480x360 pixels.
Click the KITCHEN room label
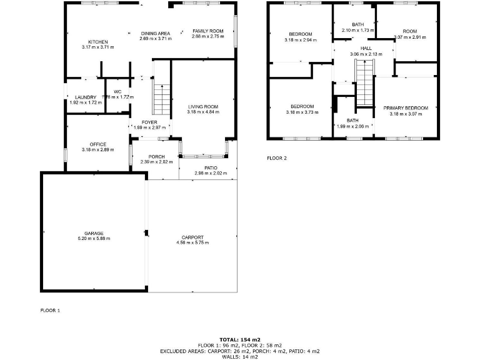[x=97, y=42]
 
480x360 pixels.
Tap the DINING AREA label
[x=155, y=33]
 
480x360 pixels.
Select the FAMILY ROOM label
[x=207, y=31]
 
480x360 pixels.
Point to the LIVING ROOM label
[x=202, y=107]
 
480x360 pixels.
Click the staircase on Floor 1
[x=161, y=99]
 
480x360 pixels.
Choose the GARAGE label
[x=94, y=233]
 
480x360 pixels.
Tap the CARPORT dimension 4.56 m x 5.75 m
[x=192, y=242]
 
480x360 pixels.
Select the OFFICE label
[x=98, y=144]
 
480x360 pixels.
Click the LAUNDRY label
[x=85, y=97]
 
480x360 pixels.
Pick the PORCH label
[x=157, y=156]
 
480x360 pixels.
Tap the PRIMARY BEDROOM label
[x=406, y=108]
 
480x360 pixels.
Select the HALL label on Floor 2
[x=366, y=49]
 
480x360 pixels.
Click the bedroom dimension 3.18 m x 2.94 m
[x=300, y=40]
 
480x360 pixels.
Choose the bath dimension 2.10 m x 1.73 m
[x=357, y=30]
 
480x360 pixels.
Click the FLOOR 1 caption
[x=50, y=310]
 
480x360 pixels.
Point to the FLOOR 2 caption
[x=277, y=158]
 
